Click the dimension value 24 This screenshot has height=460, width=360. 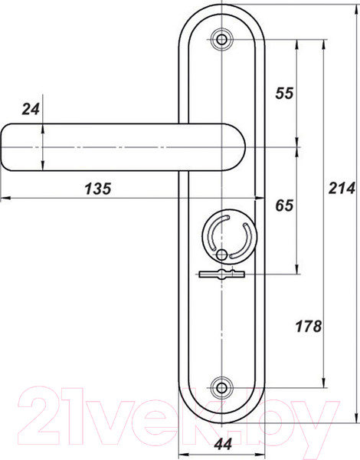[x=31, y=110]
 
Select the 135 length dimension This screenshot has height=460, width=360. [x=98, y=189]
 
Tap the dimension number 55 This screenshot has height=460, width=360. [x=284, y=94]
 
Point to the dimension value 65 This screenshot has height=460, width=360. [x=284, y=205]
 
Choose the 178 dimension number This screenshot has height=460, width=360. [x=309, y=327]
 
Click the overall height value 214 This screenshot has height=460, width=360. [x=342, y=188]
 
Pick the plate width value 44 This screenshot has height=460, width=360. [x=223, y=444]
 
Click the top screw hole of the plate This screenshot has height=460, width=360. [x=222, y=40]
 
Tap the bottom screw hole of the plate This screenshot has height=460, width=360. [x=222, y=387]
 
